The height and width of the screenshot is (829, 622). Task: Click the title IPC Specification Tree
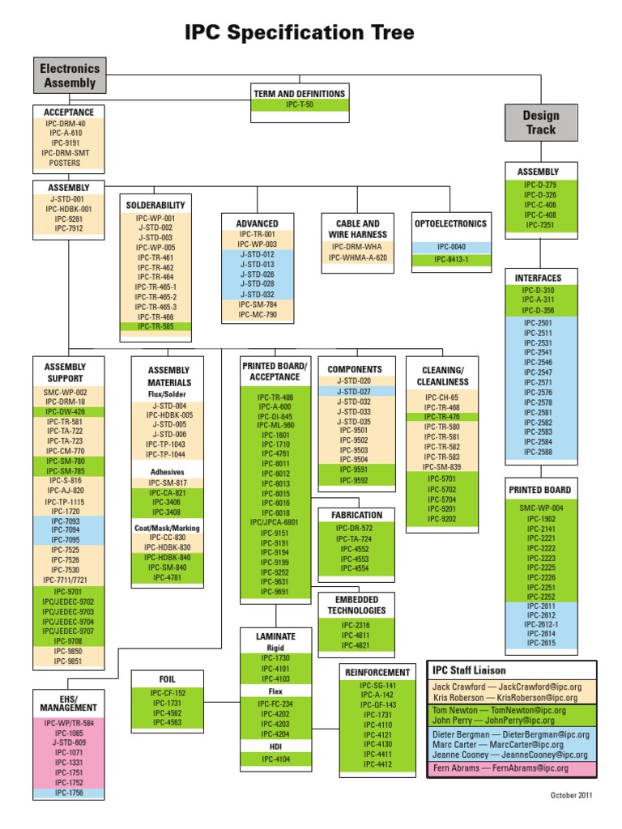click(299, 32)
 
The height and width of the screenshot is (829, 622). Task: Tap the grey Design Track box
click(540, 122)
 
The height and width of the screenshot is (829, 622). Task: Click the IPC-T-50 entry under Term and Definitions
click(299, 104)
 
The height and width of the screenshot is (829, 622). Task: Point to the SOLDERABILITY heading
click(155, 206)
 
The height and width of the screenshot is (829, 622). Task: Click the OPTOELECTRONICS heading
click(450, 223)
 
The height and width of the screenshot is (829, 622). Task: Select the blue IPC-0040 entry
click(450, 247)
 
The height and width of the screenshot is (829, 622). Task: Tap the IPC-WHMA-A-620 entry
click(357, 257)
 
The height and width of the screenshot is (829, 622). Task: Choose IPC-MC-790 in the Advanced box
click(258, 315)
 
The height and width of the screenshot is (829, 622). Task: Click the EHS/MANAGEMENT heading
click(69, 702)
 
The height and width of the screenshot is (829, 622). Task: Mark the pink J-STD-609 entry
click(69, 742)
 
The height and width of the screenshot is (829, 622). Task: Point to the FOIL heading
click(168, 678)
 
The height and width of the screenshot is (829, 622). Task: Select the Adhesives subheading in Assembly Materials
click(168, 471)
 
